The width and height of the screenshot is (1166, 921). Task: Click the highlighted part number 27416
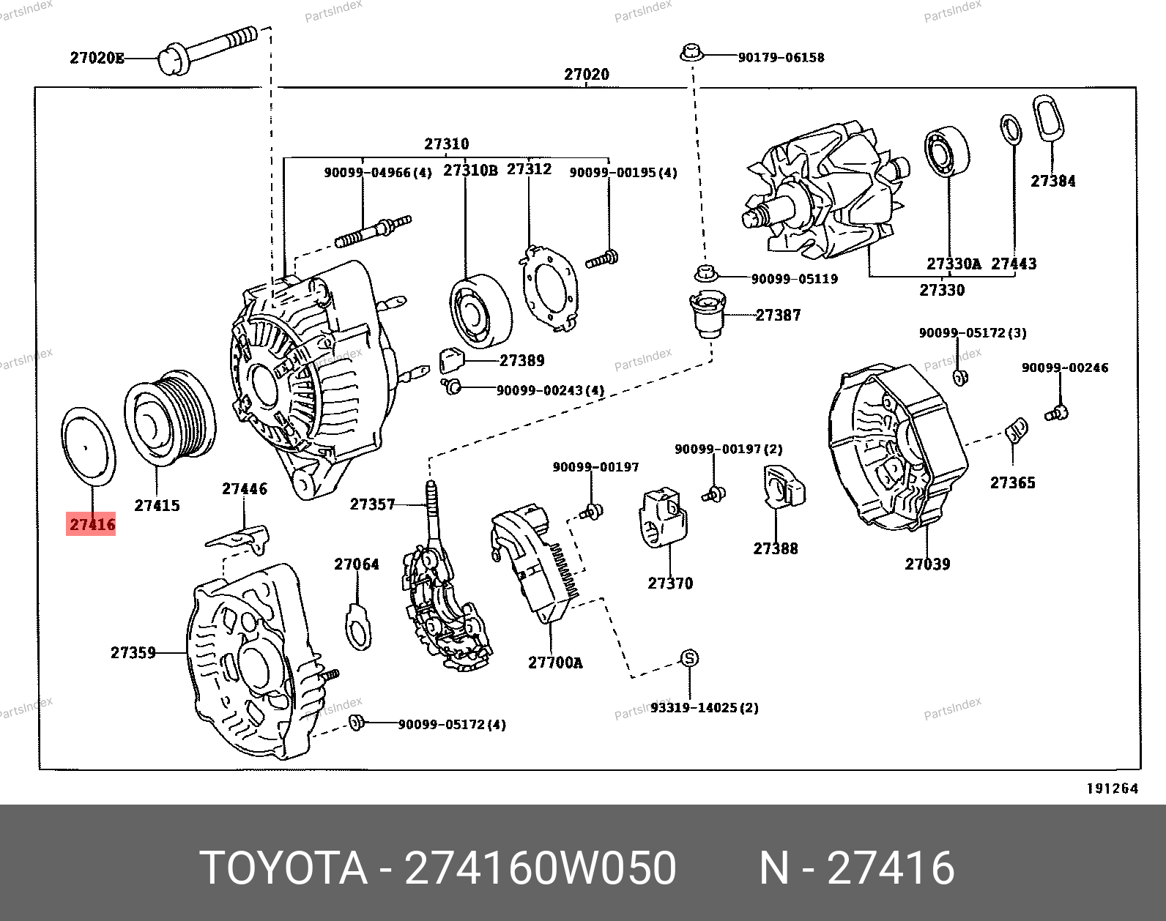pos(92,524)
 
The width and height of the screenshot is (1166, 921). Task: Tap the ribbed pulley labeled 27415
pos(170,415)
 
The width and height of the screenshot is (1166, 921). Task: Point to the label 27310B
pos(470,171)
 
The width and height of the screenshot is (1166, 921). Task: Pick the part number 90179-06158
pos(781,58)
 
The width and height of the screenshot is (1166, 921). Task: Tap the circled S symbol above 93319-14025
pos(689,658)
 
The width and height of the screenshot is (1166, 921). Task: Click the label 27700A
pos(555,663)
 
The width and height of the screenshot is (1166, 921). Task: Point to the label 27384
pos(1053,181)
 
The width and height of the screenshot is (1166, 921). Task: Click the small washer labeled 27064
pos(357,627)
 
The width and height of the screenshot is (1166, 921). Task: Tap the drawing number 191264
pos(1112,788)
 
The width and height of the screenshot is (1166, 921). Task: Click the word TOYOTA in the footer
pos(283,869)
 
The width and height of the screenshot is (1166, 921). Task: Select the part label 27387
pos(778,315)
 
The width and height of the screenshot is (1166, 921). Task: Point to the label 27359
pos(133,652)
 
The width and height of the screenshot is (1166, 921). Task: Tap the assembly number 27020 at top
pos(586,74)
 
